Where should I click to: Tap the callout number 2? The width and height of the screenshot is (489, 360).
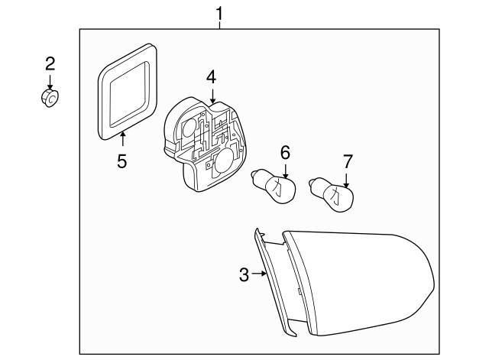pyautogui.click(x=50, y=63)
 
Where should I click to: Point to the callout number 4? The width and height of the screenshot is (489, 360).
pyautogui.click(x=211, y=76)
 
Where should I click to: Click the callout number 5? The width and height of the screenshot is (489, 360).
pyautogui.click(x=122, y=161)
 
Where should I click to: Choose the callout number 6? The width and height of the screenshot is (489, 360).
pyautogui.click(x=285, y=152)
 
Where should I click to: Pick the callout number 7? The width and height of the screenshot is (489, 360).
pyautogui.click(x=348, y=161)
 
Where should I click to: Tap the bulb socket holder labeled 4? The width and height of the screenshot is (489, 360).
pyautogui.click(x=202, y=145)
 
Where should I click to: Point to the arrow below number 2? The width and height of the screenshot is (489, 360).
pyautogui.click(x=50, y=82)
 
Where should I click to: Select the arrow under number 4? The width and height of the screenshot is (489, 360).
pyautogui.click(x=212, y=96)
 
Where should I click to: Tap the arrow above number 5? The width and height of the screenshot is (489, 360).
pyautogui.click(x=122, y=139)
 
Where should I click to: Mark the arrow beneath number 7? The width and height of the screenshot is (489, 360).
pyautogui.click(x=347, y=180)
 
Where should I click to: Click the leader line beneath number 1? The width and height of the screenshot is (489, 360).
pyautogui.click(x=220, y=24)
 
